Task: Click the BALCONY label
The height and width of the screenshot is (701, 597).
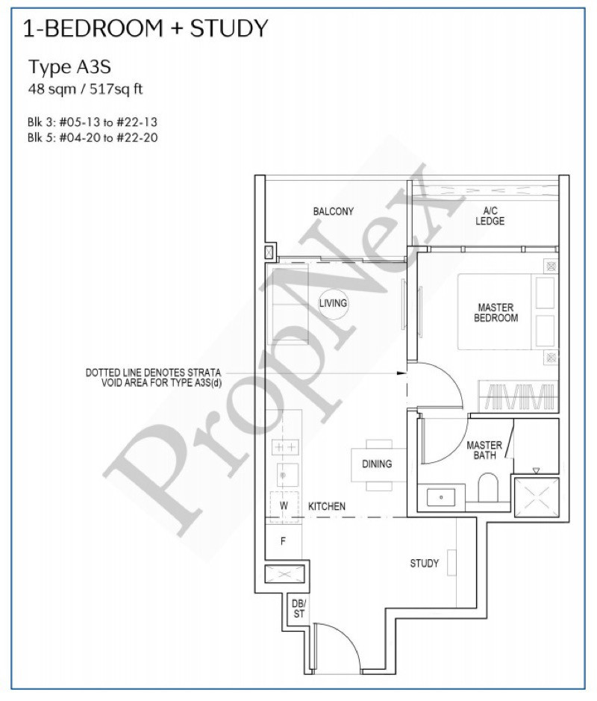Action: (x=333, y=211)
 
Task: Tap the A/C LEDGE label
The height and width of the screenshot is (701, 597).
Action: (x=490, y=216)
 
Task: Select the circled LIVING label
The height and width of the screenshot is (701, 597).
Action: (x=333, y=303)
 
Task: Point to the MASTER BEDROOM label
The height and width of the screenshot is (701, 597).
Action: (x=496, y=313)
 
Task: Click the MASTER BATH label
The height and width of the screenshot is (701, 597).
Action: (x=484, y=449)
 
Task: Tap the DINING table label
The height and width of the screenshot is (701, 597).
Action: (x=377, y=464)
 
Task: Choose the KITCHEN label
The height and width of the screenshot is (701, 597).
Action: (x=327, y=506)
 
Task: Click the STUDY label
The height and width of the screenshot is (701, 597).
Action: (x=424, y=564)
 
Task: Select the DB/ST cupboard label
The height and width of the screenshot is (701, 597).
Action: (x=299, y=609)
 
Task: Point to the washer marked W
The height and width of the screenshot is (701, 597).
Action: (x=284, y=506)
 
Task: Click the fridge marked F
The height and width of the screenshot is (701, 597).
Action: (x=283, y=541)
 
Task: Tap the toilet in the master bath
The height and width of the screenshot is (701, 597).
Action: (x=488, y=487)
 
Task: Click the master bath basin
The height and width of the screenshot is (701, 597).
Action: (x=441, y=497)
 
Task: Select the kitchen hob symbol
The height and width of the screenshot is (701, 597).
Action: (x=284, y=446)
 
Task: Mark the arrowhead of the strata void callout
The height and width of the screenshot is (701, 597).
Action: (x=402, y=373)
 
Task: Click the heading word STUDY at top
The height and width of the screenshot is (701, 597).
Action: (x=229, y=28)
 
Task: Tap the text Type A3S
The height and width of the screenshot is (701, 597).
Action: (x=69, y=67)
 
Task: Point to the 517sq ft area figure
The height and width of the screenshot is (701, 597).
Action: (x=116, y=90)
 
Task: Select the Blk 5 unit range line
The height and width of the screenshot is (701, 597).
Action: (x=93, y=137)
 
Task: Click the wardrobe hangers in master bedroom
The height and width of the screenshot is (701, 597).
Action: (x=519, y=396)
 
